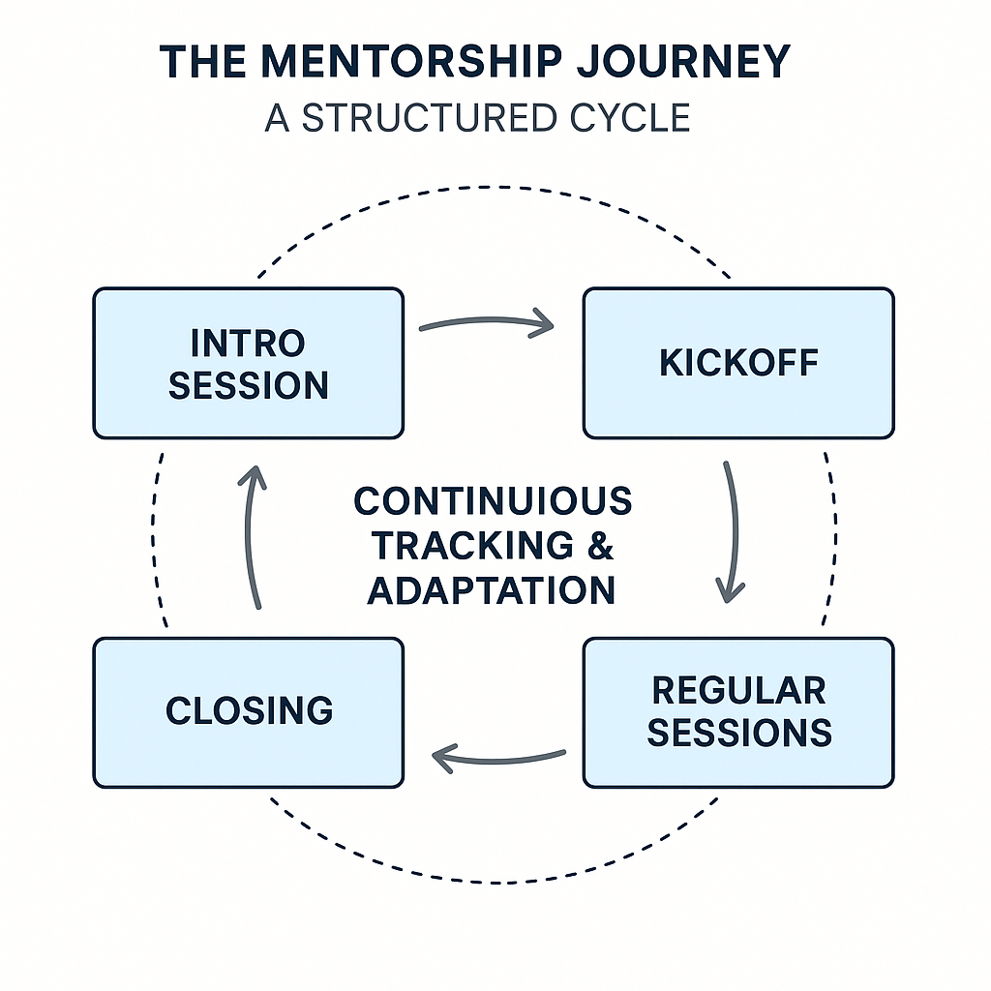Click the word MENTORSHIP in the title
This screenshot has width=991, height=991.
coord(411,63)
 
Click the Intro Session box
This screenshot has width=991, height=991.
coord(248,363)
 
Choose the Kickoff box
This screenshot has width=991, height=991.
coord(738,363)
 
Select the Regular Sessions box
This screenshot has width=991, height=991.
coord(738,712)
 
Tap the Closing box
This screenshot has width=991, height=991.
coord(248,712)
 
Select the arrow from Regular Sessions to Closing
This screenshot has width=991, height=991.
coord(498,758)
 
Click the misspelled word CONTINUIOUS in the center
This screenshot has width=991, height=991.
coord(493,501)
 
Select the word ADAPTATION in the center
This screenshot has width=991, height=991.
coord(493,590)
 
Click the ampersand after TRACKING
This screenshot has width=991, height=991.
coord(600,546)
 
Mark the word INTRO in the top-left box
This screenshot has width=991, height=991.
coord(248,343)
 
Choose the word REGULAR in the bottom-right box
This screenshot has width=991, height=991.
coord(738,691)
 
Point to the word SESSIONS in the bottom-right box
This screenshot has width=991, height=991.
coord(738,733)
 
